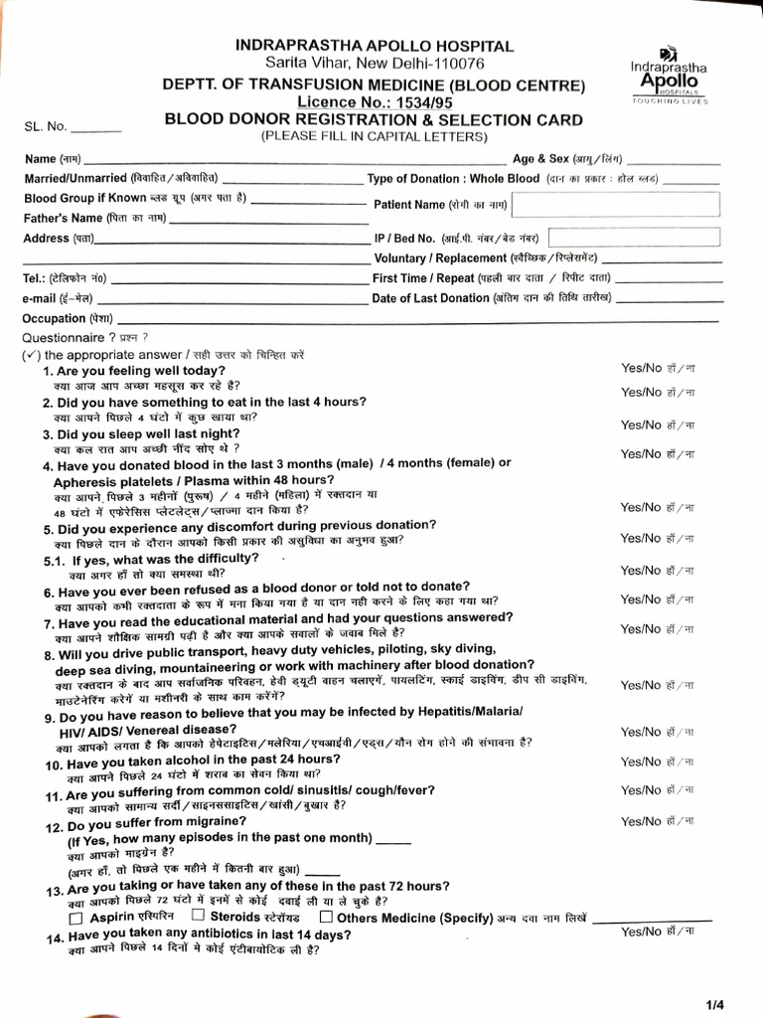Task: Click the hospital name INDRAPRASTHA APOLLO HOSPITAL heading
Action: (375, 46)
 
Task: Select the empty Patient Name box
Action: (616, 204)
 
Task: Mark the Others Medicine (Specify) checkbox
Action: (325, 916)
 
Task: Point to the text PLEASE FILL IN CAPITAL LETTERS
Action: (375, 136)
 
